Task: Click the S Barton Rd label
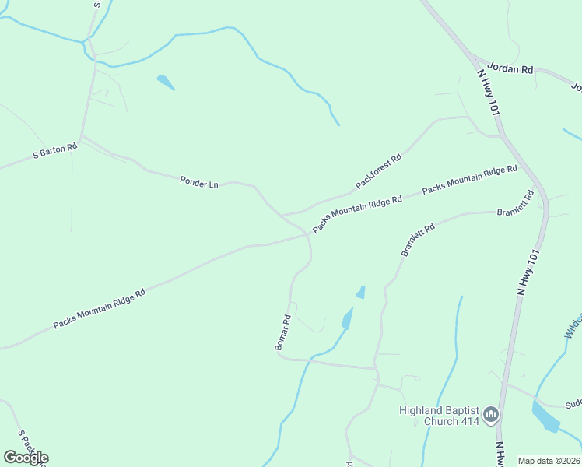(55, 151)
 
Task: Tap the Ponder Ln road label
(199, 183)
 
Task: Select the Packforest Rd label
(378, 171)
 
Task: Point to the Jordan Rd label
(510, 69)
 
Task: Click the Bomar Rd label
(282, 332)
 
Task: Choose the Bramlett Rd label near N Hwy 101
(516, 204)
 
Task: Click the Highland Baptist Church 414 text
(438, 416)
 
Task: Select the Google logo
(25, 458)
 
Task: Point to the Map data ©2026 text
(549, 461)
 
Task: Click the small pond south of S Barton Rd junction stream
(166, 82)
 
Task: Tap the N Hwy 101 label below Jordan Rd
(487, 93)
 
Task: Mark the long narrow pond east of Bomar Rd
(346, 318)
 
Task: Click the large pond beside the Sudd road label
(545, 417)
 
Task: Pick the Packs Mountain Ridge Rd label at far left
(99, 309)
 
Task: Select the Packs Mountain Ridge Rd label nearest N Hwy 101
(469, 180)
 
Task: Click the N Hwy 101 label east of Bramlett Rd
(527, 272)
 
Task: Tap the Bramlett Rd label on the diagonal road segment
(418, 238)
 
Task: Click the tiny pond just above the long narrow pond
(360, 293)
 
